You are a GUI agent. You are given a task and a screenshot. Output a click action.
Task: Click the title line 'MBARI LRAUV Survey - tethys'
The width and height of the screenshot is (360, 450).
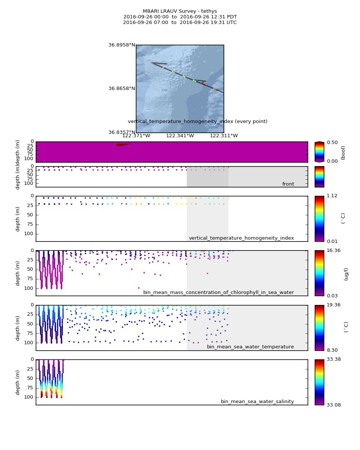click(x=180, y=11)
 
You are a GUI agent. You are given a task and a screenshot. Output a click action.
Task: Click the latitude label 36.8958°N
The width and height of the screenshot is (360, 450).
click(x=121, y=45)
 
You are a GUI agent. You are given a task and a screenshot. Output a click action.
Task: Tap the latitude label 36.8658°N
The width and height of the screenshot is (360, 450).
click(x=121, y=89)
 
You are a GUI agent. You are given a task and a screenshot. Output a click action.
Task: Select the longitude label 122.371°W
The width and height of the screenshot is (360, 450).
click(x=136, y=136)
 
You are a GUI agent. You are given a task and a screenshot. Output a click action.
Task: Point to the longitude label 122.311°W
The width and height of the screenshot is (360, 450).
click(x=223, y=136)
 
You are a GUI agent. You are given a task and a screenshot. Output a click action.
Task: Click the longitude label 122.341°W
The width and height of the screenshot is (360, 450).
click(x=180, y=136)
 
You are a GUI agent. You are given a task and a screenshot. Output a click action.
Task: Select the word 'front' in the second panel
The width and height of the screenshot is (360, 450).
click(x=288, y=184)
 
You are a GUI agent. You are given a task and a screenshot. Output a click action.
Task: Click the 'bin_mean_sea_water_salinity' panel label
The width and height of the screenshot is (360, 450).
click(x=257, y=402)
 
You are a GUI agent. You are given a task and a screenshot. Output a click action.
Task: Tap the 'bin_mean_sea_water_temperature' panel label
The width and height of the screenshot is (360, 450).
click(x=250, y=347)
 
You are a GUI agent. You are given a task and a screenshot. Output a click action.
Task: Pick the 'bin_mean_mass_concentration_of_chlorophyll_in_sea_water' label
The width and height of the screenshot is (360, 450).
click(x=218, y=292)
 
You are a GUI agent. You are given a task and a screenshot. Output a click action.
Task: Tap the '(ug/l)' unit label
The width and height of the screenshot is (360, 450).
click(x=346, y=274)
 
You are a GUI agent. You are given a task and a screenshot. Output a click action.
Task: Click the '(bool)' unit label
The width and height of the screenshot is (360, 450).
click(x=343, y=153)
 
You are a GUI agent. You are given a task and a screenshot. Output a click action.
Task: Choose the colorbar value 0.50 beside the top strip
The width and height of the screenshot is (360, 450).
click(x=332, y=142)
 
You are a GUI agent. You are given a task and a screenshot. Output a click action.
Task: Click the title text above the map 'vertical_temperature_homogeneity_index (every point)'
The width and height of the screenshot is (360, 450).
click(x=198, y=121)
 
